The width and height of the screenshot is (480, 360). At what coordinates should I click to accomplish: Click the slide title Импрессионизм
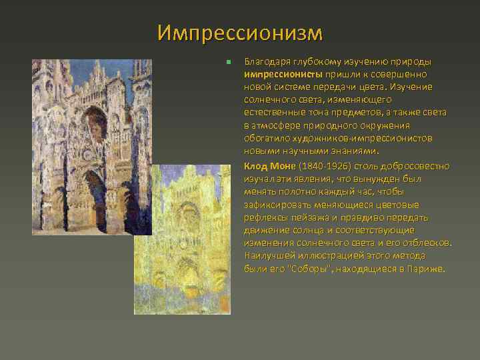coord(240,32)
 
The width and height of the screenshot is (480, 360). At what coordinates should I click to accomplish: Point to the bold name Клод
coord(256,166)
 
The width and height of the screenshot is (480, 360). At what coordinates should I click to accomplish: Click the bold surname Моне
coord(283,166)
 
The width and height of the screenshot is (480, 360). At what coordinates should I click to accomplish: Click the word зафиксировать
coord(276,205)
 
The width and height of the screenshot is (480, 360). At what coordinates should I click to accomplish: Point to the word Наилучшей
coord(267,256)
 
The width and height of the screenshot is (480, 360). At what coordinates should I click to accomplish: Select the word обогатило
coord(265,139)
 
